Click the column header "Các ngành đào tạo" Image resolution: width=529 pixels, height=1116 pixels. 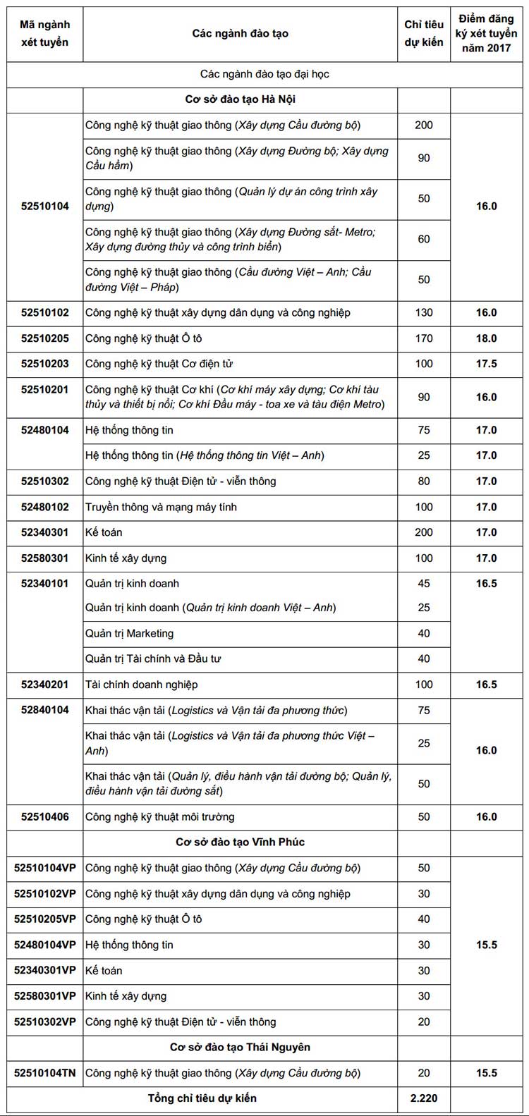240,34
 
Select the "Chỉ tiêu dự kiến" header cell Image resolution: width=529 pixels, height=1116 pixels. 423,34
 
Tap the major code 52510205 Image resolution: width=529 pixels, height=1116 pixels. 45,338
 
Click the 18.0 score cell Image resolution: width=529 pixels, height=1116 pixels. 486,338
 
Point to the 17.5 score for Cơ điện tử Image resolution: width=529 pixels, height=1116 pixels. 486,364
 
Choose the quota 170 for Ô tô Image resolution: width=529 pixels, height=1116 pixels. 424,338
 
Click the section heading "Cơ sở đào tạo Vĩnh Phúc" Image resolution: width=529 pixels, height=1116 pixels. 240,842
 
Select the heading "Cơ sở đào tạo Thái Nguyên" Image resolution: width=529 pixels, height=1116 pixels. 240,1048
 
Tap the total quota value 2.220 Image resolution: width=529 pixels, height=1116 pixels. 424,1098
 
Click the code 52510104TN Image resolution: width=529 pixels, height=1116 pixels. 45,1073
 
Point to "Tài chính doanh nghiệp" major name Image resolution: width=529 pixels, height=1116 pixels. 141,685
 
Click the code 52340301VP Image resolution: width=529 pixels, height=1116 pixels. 45,971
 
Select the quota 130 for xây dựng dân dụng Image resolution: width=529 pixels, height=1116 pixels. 424,312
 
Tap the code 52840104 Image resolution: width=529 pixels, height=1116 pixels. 45,710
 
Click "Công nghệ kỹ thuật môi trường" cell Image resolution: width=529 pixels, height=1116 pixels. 160,817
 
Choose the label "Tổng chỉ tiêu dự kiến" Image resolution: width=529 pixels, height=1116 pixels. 202,1098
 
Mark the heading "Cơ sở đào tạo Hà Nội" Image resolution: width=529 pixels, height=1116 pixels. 240,99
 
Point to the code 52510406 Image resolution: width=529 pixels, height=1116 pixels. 45,817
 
